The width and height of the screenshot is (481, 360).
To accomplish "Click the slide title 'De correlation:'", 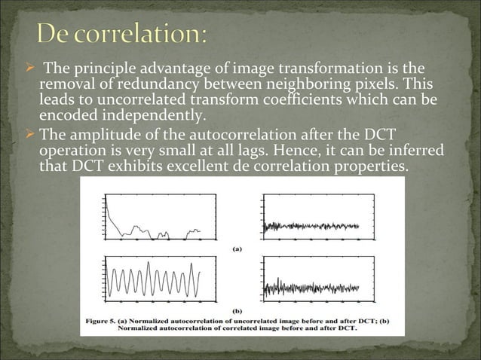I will point(124,35).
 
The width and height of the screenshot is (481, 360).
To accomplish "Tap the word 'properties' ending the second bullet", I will point(369,166).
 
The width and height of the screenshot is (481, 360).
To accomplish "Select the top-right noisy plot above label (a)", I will point(309,217).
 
